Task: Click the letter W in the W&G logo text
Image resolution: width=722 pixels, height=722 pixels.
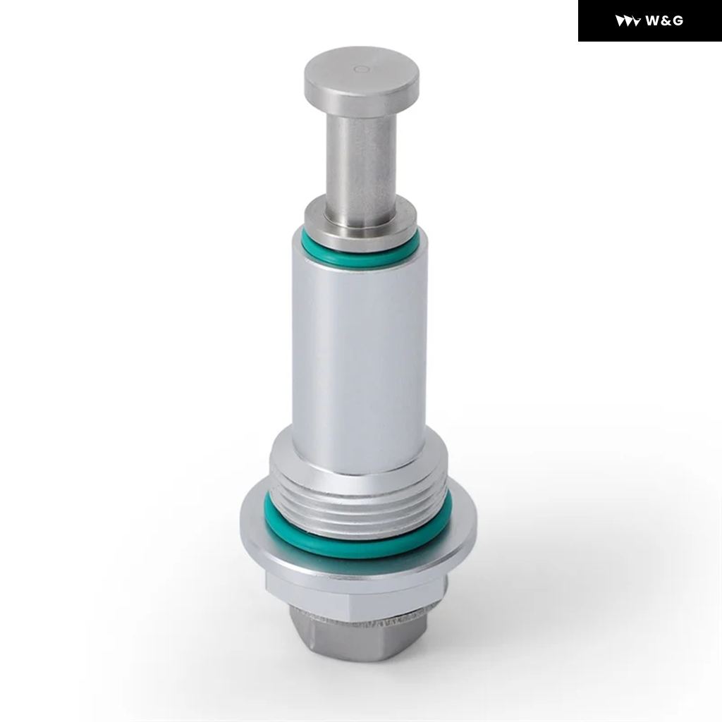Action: pos(654,20)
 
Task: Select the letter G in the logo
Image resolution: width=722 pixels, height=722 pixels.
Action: pos(678,20)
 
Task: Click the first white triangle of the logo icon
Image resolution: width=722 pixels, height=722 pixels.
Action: pos(619,20)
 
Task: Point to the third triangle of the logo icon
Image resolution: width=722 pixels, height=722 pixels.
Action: pos(636,21)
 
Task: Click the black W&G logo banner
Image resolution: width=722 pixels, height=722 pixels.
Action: pos(649,20)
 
